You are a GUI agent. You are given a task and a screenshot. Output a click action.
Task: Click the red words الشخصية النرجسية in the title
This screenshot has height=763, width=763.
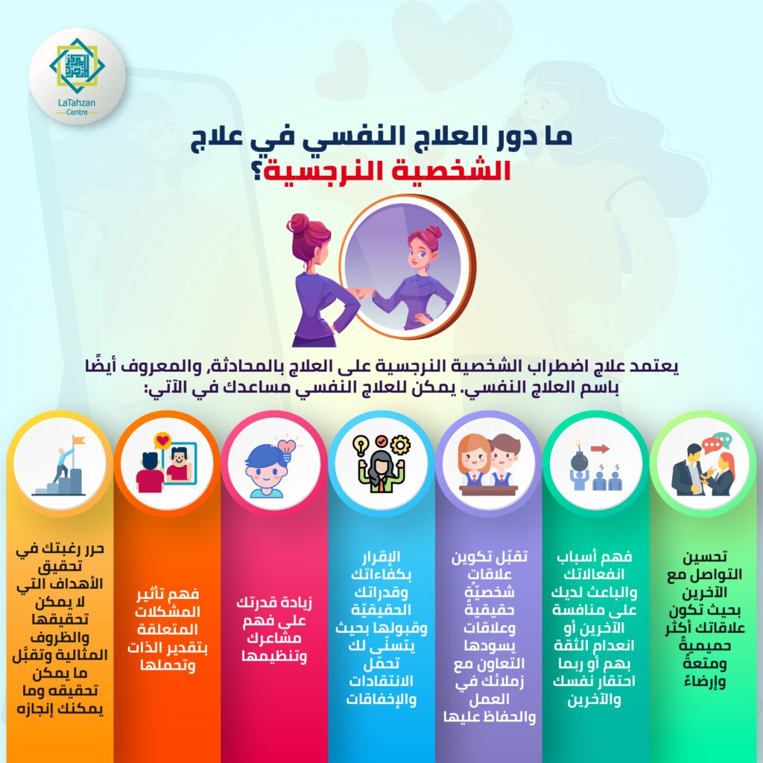tap(387, 171)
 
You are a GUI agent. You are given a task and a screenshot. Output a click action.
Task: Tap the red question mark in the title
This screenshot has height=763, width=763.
tap(257, 171)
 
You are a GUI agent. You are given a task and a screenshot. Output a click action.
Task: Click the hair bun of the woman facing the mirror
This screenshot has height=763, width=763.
tap(297, 223)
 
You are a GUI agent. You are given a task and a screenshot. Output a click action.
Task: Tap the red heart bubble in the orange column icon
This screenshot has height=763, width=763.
tap(162, 441)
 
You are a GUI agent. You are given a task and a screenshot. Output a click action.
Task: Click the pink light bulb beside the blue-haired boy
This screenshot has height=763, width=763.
tap(287, 449)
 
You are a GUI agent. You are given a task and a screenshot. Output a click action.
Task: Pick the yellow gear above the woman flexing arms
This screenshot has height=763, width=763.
tap(400, 445)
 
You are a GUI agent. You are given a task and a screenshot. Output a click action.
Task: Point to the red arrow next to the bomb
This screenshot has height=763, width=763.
tap(600, 448)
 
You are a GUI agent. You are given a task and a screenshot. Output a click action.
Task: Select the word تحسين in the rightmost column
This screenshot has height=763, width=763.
tap(705, 556)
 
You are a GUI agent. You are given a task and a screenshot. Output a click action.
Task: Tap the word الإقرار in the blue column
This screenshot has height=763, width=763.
tap(381, 556)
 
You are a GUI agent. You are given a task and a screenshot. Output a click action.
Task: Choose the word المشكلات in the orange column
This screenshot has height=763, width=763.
tap(168, 612)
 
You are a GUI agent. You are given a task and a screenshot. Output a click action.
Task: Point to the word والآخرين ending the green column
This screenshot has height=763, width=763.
tap(594, 700)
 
